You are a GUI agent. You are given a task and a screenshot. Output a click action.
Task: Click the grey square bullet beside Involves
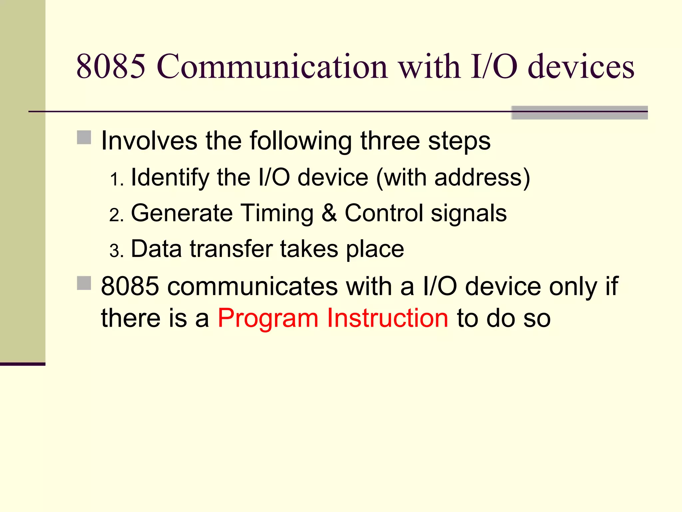pyautogui.click(x=84, y=137)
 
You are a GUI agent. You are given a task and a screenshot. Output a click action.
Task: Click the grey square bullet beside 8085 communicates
pyautogui.click(x=84, y=283)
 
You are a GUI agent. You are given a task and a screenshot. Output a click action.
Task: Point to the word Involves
pyautogui.click(x=149, y=141)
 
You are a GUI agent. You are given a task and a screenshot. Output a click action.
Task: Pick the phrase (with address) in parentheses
pyautogui.click(x=453, y=177)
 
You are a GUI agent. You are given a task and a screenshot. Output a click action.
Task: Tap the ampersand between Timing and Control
pyautogui.click(x=329, y=213)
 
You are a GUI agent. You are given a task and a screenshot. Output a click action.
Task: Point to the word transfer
pyautogui.click(x=231, y=249)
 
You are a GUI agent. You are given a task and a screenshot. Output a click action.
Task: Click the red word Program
pyautogui.click(x=268, y=318)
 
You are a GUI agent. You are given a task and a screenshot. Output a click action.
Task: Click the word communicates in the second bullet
pyautogui.click(x=252, y=286)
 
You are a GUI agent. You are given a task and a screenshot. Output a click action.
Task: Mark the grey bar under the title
pyautogui.click(x=579, y=113)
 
